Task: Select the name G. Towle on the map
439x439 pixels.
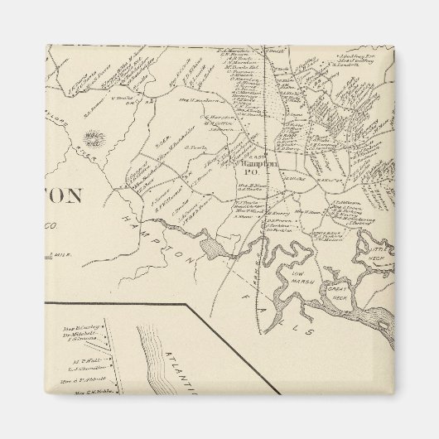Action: [x=195, y=147]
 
